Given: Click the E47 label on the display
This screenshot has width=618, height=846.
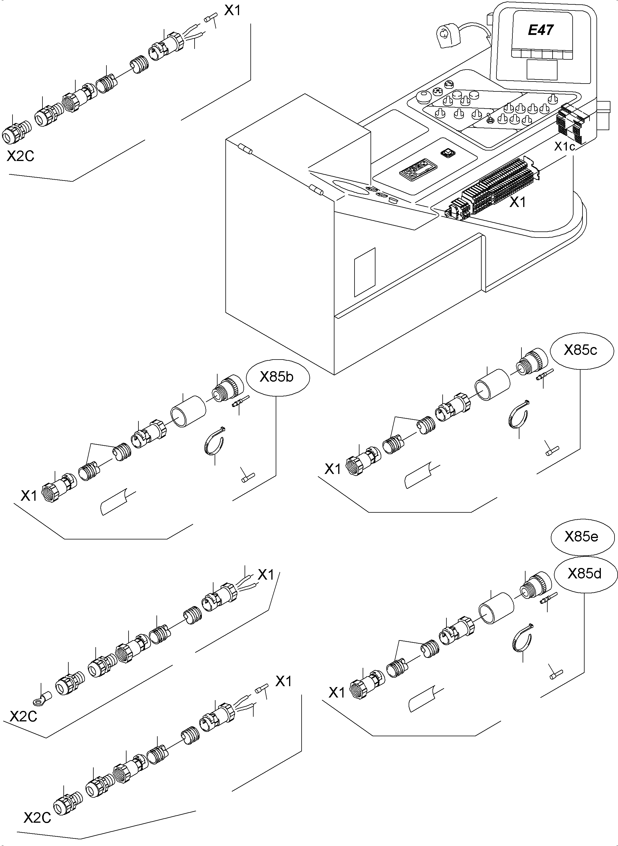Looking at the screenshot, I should click(541, 30).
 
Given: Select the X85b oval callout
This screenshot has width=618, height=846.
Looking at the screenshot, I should click(277, 377).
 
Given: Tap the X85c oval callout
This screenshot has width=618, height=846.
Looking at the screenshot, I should click(581, 350).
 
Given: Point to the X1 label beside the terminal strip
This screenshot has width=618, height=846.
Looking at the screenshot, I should click(518, 202).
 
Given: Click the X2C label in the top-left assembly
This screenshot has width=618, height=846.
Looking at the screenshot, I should click(21, 156).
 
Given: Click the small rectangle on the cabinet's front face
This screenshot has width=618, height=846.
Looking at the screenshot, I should click(365, 272).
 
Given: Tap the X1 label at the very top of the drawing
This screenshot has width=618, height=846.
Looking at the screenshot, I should click(232, 10).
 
